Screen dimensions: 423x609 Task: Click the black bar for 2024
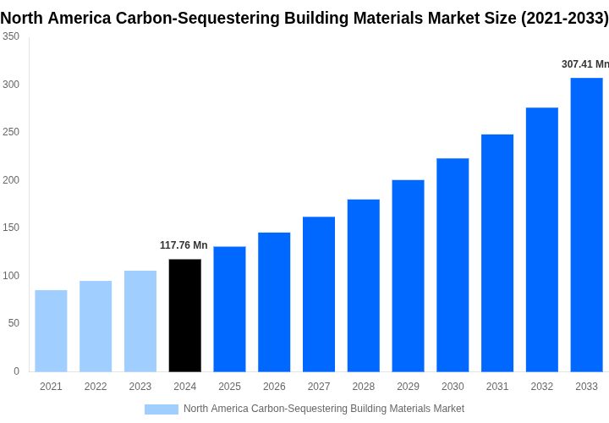(x=185, y=316)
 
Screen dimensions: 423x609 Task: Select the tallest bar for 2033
(x=586, y=224)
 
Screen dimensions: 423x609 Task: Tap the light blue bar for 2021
(x=51, y=331)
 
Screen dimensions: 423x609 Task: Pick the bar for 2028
(x=364, y=285)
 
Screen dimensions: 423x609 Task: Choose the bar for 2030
(x=453, y=265)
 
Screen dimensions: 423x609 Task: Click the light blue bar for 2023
(x=140, y=321)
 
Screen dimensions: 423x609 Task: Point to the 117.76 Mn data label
(x=184, y=245)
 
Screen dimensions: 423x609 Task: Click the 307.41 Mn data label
(x=584, y=64)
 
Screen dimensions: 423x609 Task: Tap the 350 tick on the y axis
(x=11, y=36)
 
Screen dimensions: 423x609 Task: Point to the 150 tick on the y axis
(x=11, y=228)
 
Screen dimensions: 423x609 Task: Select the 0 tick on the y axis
(x=16, y=371)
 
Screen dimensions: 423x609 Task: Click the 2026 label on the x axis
(x=274, y=387)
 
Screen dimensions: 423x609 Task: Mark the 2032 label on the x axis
(x=542, y=387)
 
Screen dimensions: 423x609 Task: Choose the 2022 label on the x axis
(x=96, y=387)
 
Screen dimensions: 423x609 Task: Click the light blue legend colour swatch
(x=162, y=409)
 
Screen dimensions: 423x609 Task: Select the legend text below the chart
(x=323, y=409)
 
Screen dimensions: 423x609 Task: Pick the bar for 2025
(x=229, y=309)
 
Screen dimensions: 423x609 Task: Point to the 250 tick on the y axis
(x=11, y=132)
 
